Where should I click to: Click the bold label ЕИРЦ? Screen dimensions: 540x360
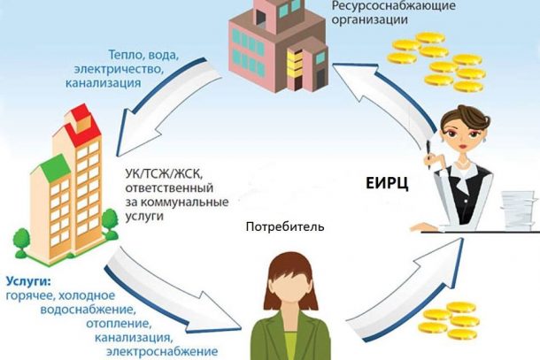(x=387, y=183)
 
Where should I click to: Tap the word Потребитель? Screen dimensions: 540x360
(x=285, y=227)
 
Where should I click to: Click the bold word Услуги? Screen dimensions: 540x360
(x=28, y=281)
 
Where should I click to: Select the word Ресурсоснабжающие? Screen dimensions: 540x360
(x=393, y=5)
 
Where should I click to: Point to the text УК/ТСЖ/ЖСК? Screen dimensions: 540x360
(x=163, y=174)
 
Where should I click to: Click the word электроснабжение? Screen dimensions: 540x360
(x=162, y=351)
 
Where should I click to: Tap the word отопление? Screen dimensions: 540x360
(x=120, y=324)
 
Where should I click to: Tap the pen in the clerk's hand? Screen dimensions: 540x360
(x=428, y=155)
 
